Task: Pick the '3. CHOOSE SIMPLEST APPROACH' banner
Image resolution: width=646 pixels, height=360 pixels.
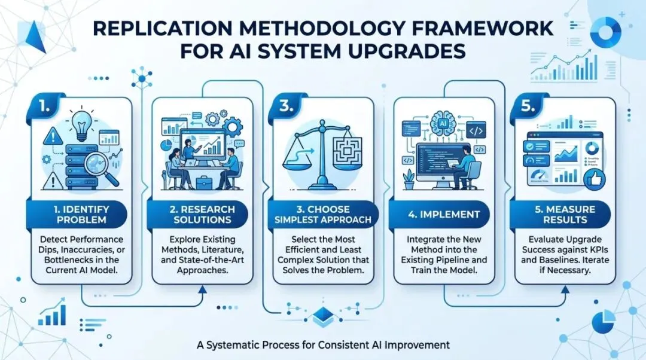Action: tap(323, 214)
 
